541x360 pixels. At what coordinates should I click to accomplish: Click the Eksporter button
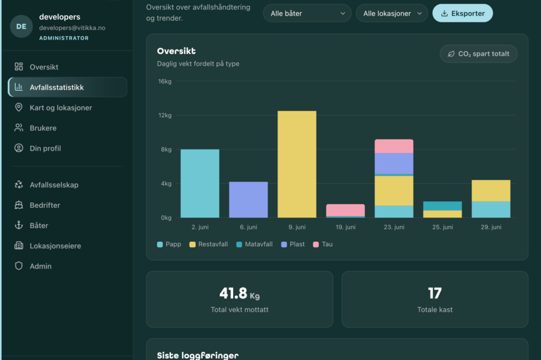point(462,13)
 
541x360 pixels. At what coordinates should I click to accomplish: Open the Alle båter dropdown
point(307,13)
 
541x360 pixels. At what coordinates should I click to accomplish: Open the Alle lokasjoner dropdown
point(392,13)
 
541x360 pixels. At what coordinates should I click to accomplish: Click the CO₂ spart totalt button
point(478,54)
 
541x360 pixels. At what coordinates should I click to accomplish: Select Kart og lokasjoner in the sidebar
point(61,108)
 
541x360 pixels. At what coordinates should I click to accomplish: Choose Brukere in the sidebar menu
point(43,128)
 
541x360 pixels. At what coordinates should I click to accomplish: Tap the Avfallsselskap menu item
point(54,185)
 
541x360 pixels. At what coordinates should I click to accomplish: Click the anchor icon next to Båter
point(18,225)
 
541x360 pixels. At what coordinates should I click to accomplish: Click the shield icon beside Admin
point(18,266)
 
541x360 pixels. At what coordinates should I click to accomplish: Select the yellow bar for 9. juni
point(297,164)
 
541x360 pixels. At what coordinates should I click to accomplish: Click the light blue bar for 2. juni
point(200,183)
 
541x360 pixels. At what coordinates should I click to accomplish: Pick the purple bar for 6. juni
point(249,200)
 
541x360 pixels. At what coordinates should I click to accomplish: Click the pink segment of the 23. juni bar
point(394,146)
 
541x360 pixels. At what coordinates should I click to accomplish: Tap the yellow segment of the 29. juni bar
point(491,191)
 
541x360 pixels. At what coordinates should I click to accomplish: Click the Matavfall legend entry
point(254,244)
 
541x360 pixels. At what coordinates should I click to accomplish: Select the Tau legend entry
point(323,244)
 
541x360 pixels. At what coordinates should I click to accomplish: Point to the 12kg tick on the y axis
point(165,115)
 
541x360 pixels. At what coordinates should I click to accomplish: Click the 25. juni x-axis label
point(443,227)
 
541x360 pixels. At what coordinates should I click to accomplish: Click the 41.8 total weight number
point(234,293)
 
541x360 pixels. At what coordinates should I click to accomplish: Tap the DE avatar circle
point(21,26)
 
